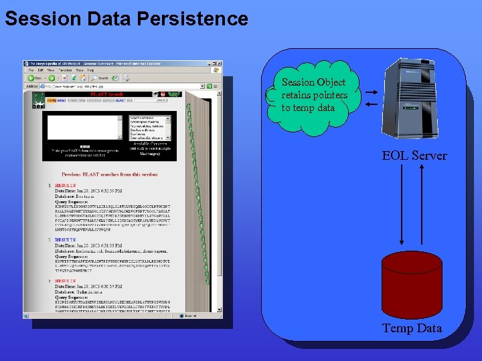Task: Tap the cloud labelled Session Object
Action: tap(314, 96)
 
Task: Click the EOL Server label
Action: tap(414, 156)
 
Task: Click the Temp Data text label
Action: tap(412, 328)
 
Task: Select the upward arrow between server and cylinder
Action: tap(422, 204)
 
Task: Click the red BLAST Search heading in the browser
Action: tap(106, 95)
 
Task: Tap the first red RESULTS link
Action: tap(66, 185)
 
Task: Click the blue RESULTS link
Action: tap(66, 239)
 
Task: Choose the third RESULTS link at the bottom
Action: tap(66, 281)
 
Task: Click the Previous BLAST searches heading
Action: tap(109, 174)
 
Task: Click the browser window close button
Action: tap(218, 63)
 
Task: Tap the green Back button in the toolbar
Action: tap(32, 78)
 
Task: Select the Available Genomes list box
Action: tap(152, 128)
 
